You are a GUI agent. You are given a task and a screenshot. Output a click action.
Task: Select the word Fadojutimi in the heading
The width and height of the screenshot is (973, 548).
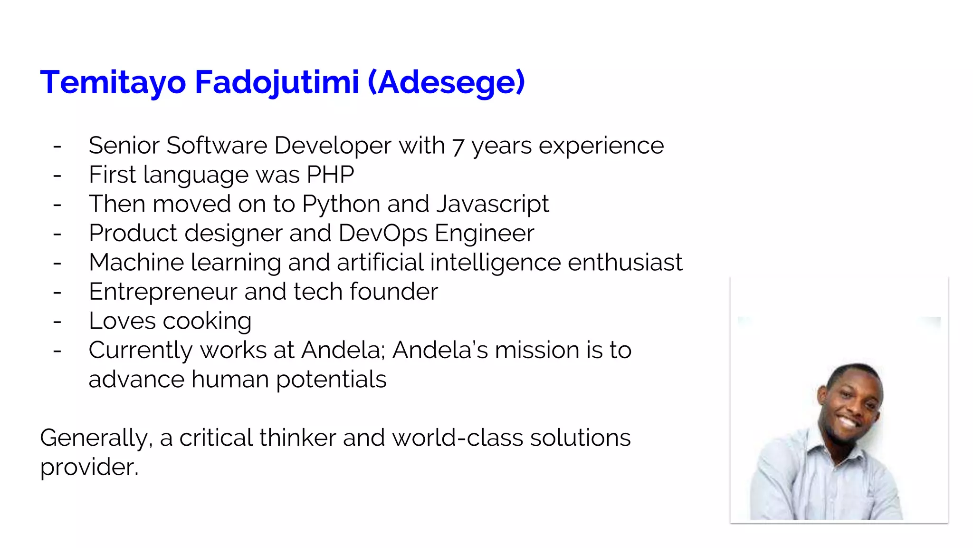(277, 82)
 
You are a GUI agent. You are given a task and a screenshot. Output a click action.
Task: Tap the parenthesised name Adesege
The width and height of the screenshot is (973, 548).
(447, 82)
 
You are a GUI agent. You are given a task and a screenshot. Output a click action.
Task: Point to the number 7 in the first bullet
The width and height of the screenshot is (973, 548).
(458, 147)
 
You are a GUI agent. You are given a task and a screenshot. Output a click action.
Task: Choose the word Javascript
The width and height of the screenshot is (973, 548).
(493, 205)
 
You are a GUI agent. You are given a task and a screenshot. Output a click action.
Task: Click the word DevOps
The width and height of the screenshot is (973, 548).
(383, 233)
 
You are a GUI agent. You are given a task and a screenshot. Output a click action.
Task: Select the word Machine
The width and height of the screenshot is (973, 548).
(136, 262)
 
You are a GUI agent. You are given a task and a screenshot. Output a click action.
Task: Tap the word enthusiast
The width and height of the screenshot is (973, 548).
(625, 262)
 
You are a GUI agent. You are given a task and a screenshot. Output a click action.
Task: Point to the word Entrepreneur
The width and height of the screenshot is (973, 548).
(163, 292)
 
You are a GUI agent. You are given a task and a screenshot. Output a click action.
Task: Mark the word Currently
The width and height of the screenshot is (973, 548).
(141, 351)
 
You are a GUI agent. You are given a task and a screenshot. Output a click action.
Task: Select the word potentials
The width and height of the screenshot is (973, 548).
(331, 380)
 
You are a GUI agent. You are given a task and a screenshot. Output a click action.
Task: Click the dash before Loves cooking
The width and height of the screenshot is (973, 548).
(57, 322)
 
